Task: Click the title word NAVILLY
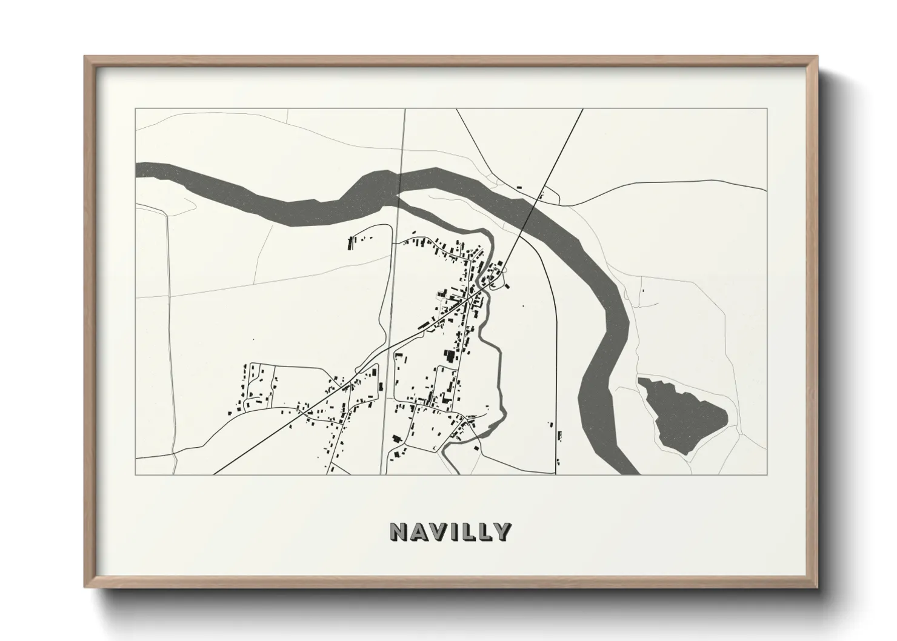coord(450,531)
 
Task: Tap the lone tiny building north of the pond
coord(642,291)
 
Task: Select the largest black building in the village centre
coord(450,356)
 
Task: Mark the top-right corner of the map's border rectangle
coord(767,109)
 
